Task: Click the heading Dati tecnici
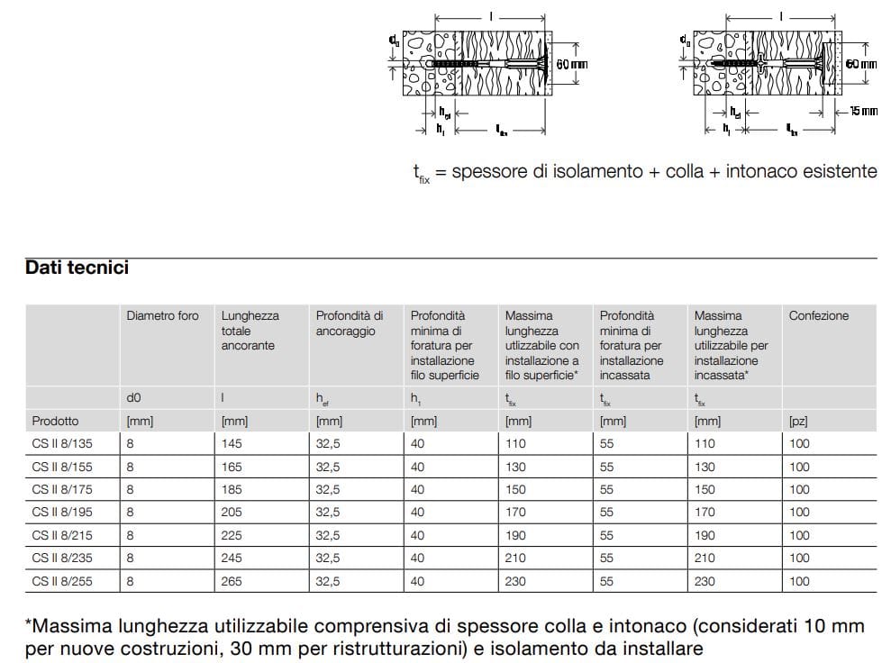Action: point(77,268)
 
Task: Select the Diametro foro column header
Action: point(162,316)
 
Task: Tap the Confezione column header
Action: point(818,316)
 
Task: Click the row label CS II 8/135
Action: point(61,443)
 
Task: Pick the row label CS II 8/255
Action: point(61,581)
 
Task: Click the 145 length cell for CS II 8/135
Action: point(232,443)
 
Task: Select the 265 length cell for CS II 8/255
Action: point(232,581)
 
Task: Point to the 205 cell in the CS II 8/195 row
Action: point(232,512)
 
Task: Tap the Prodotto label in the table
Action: point(55,421)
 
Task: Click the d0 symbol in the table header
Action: point(134,397)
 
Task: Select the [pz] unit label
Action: point(798,421)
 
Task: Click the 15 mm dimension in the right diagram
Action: point(863,111)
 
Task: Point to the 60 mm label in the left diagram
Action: point(572,64)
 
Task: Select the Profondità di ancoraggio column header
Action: point(349,323)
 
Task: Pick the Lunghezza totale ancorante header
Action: point(250,331)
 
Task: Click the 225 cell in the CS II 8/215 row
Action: point(232,535)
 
